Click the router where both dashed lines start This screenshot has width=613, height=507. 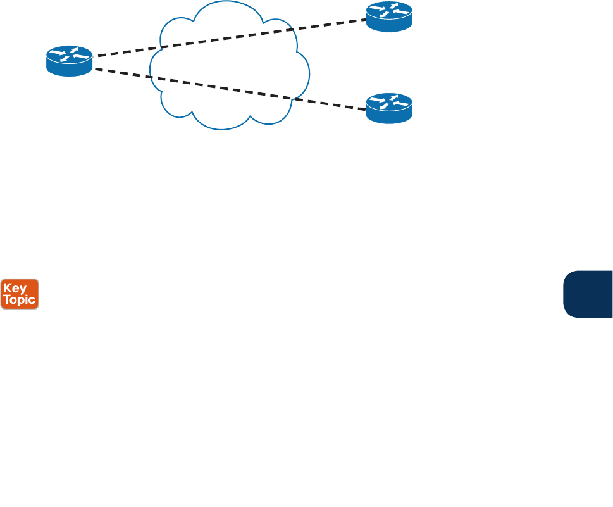[70, 61]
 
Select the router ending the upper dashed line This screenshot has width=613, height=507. [389, 17]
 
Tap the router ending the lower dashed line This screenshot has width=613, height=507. [389, 108]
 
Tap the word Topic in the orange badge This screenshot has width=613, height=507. [20, 300]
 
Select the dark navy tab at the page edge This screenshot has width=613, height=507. [588, 294]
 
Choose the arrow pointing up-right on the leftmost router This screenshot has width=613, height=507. [75, 50]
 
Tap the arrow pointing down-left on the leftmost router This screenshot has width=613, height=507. [64, 59]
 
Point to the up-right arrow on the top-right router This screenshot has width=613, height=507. [394, 6]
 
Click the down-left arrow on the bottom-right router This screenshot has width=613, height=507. [383, 106]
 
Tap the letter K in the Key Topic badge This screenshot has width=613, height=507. [8, 288]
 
